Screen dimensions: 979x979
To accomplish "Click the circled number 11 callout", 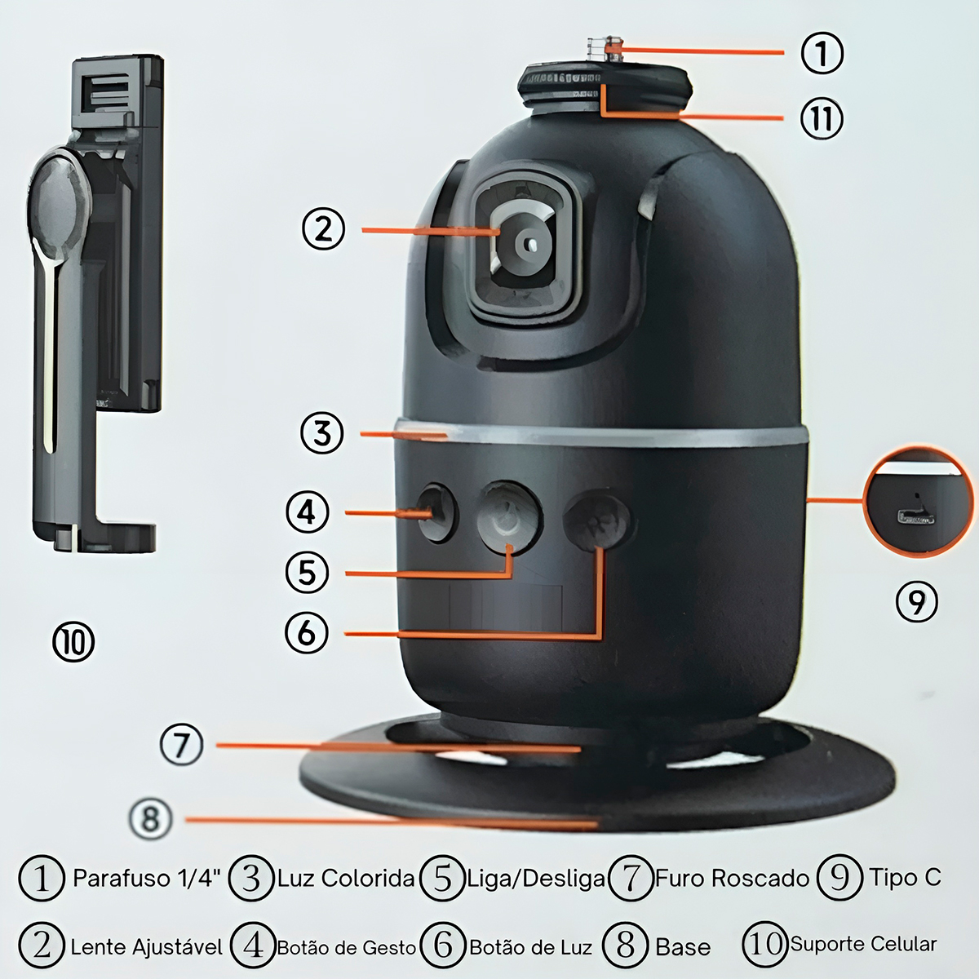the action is pyautogui.click(x=822, y=117).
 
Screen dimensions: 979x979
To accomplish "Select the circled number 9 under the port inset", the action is pyautogui.click(x=916, y=603).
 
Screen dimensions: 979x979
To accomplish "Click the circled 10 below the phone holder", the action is pyautogui.click(x=73, y=642).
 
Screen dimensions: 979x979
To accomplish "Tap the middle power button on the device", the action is pyautogui.click(x=509, y=517).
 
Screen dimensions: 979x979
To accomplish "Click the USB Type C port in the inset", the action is pyautogui.click(x=916, y=518).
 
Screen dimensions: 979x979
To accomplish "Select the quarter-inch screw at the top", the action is pyautogui.click(x=605, y=50).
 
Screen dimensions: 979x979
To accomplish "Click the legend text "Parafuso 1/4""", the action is pyautogui.click(x=148, y=878).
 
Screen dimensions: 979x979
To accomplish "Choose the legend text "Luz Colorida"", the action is pyautogui.click(x=346, y=878).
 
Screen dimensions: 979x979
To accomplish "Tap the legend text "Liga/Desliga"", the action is pyautogui.click(x=535, y=879).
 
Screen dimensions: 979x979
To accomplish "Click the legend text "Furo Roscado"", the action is pyautogui.click(x=732, y=878).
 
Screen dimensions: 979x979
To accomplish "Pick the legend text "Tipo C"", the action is pyautogui.click(x=905, y=877).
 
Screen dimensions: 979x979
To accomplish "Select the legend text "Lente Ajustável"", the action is pyautogui.click(x=146, y=947).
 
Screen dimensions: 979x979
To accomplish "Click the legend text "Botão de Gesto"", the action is pyautogui.click(x=347, y=947).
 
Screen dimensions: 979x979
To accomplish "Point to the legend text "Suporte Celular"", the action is pyautogui.click(x=864, y=944).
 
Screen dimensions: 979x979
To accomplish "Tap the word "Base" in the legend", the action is pyautogui.click(x=683, y=947).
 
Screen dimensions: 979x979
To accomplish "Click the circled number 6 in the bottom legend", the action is pyautogui.click(x=444, y=946).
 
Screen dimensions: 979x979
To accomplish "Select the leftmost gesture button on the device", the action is pyautogui.click(x=437, y=513).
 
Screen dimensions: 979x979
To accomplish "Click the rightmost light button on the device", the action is pyautogui.click(x=597, y=519).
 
